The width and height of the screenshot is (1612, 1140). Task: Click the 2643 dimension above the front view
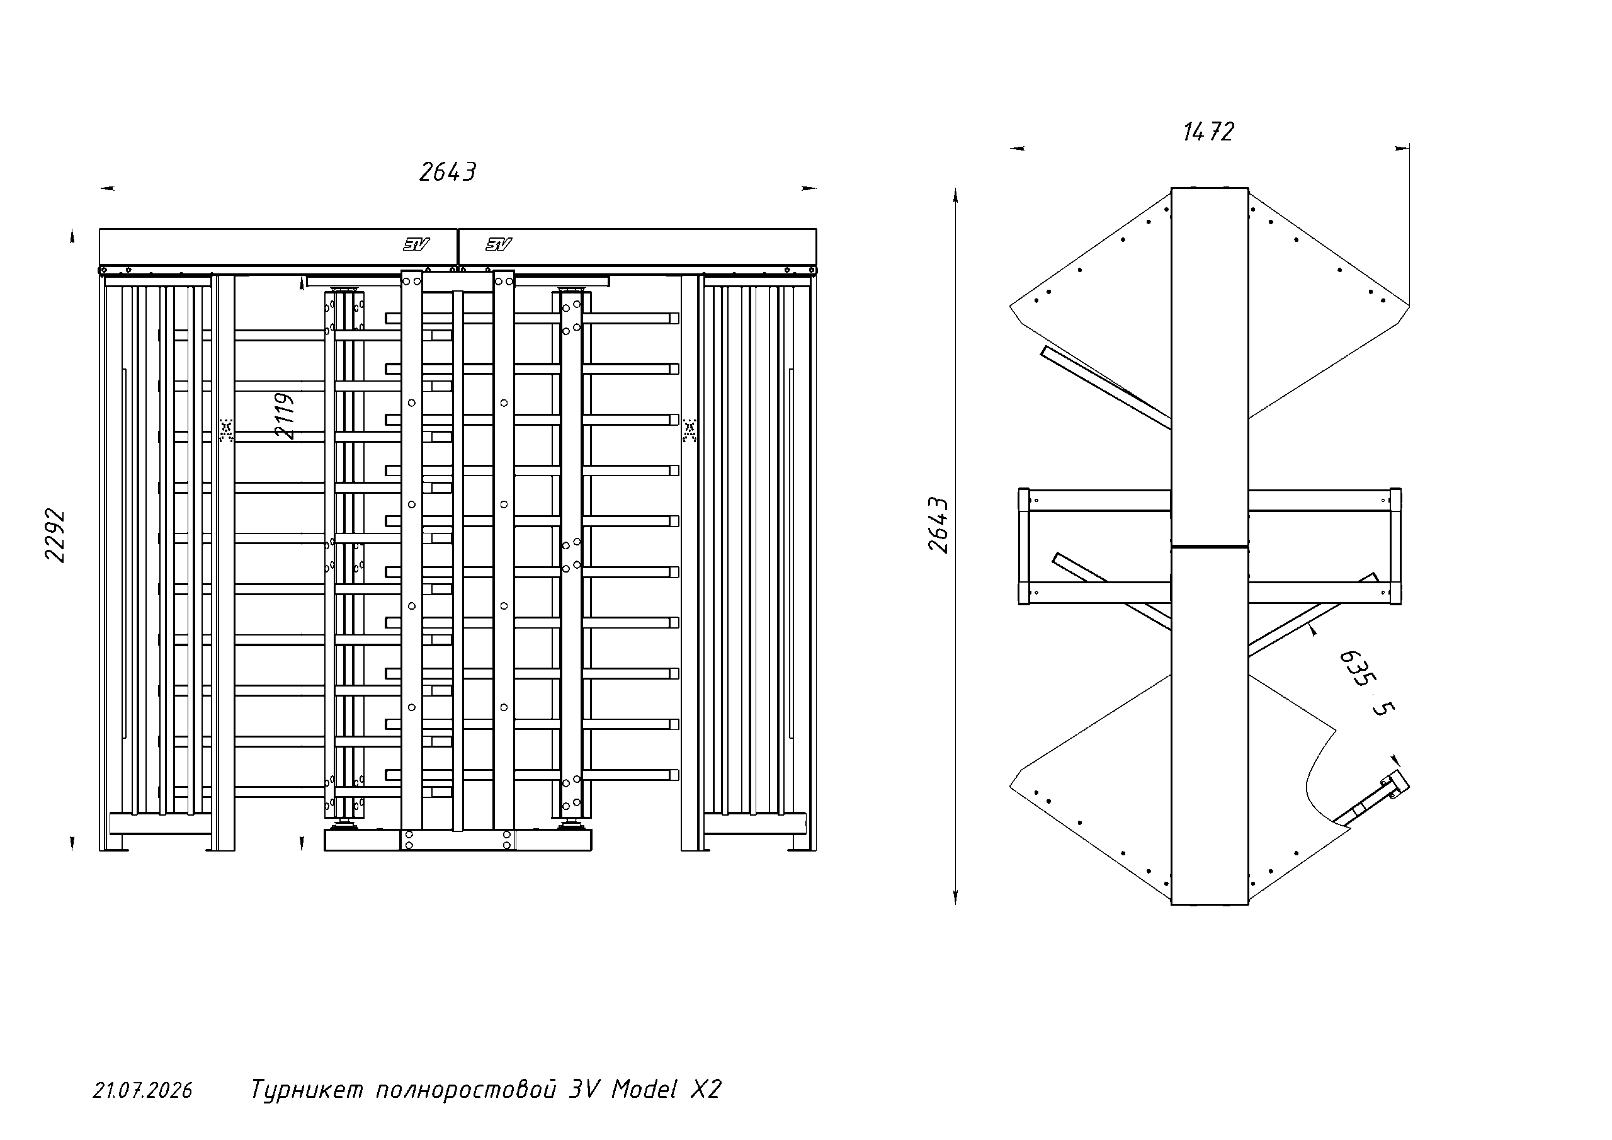[447, 172]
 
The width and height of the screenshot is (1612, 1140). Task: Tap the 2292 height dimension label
[55, 535]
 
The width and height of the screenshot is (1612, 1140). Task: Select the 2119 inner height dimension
[285, 416]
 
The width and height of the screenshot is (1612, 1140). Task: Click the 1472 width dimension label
[1208, 132]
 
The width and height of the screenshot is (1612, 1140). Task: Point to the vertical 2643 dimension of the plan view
[939, 525]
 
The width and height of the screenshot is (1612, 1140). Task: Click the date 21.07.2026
[143, 1090]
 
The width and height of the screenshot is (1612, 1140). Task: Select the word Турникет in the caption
[307, 1090]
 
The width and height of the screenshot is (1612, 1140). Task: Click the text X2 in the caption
[706, 1089]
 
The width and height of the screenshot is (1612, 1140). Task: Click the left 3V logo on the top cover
[416, 244]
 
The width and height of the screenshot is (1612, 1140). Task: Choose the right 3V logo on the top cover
[499, 244]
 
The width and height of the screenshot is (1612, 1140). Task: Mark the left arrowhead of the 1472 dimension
[1016, 148]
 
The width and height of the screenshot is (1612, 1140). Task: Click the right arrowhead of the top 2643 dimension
[810, 188]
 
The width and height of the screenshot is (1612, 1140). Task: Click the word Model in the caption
[645, 1089]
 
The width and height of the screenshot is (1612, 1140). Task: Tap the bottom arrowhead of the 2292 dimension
[72, 843]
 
